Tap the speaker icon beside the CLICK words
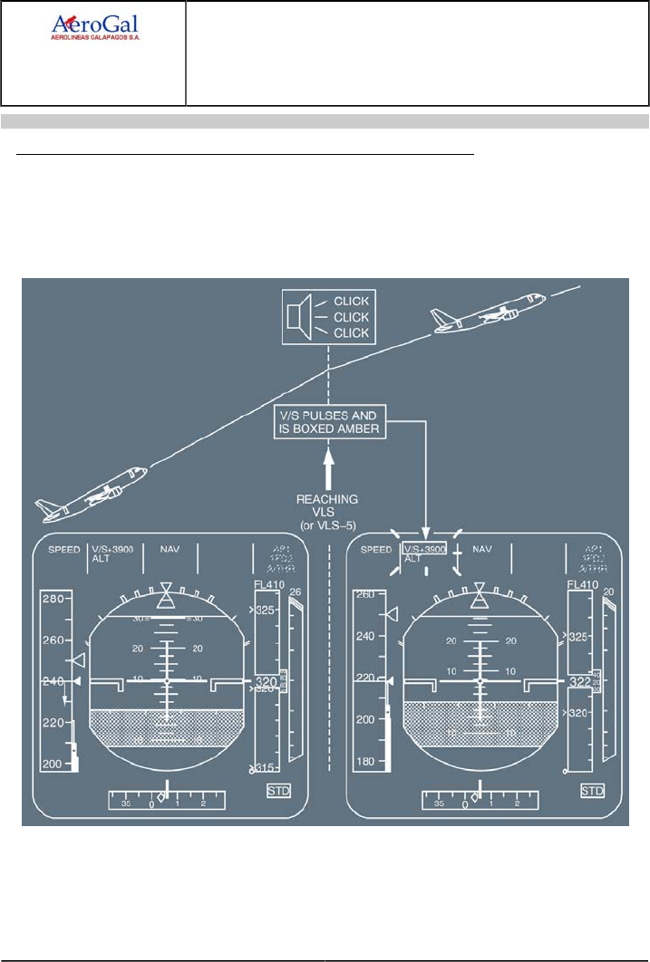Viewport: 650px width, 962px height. [294, 316]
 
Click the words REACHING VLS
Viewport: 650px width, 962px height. [326, 505]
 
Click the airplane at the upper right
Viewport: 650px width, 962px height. [489, 313]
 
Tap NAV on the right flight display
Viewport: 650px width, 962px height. [482, 549]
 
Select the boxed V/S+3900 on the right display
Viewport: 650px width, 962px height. [423, 550]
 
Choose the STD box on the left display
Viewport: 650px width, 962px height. [278, 791]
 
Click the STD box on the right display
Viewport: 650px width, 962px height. [592, 791]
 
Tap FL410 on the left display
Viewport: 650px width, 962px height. [269, 585]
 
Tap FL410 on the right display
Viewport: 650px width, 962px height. [583, 585]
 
